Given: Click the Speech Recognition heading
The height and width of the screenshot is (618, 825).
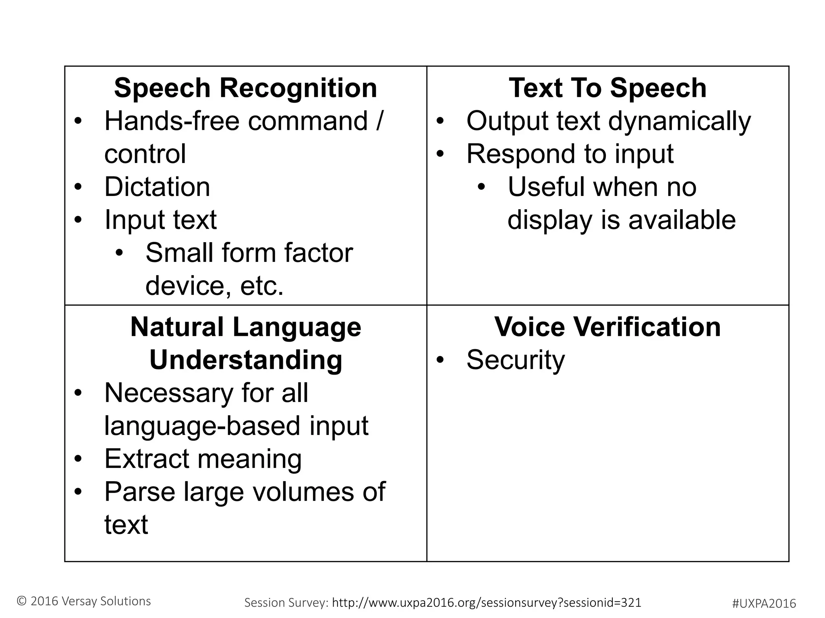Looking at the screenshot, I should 245,88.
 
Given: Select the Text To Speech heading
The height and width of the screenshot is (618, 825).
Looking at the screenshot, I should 607,88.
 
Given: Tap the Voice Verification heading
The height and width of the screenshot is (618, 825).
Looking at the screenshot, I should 607,327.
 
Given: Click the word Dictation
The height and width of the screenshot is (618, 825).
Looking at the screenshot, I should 157,187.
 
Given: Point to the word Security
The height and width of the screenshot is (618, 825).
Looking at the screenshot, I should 516,360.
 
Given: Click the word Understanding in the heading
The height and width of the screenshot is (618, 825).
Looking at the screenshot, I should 246,360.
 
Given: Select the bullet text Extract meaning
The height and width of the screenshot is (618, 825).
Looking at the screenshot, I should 203,459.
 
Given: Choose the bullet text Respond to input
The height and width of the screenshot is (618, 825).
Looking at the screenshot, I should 570,154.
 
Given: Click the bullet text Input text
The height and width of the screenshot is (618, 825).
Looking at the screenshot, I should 160,220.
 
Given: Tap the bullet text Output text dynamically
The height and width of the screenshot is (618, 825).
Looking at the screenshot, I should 608,121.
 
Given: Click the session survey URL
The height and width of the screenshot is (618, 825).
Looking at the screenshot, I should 487,602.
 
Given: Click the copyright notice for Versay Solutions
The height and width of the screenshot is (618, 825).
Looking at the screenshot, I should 84,601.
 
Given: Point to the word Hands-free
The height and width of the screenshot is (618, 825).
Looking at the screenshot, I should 172,121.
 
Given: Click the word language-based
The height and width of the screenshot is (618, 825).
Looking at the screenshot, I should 203,426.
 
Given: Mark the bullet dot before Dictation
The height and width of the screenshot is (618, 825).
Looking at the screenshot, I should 78,187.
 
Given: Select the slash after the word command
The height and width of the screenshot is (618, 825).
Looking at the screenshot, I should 379,121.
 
